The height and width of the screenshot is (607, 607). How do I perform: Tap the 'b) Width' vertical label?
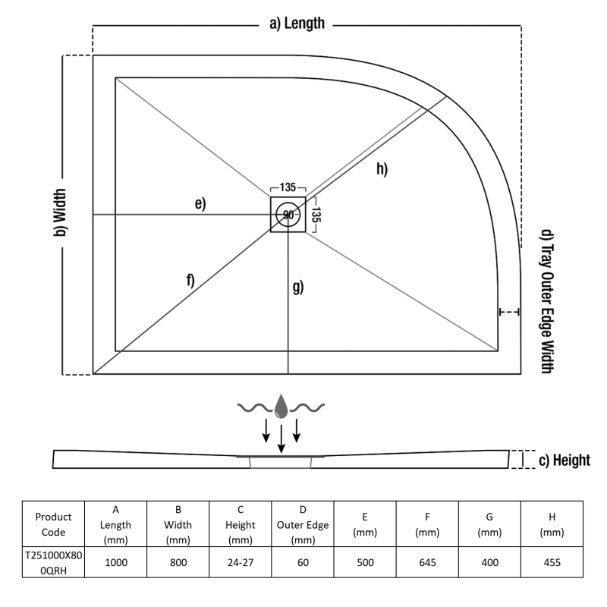point(59,215)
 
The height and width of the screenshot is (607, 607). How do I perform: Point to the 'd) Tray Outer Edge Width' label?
point(546,300)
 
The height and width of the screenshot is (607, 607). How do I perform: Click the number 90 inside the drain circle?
point(288,215)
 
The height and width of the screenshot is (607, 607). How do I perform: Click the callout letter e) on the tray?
point(200,203)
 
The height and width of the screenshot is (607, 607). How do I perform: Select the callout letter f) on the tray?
point(189,280)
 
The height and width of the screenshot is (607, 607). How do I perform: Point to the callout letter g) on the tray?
point(298,287)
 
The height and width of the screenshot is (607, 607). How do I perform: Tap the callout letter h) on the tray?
point(381,168)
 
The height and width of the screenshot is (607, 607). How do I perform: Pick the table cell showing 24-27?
point(240,563)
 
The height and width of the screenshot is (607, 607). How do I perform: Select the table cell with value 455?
point(551,563)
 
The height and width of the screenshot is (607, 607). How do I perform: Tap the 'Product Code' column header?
point(53,524)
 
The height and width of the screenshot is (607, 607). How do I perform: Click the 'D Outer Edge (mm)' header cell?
point(303,524)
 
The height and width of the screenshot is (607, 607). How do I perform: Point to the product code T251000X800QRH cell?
point(53,563)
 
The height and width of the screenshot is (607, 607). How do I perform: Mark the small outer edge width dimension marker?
point(509,312)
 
